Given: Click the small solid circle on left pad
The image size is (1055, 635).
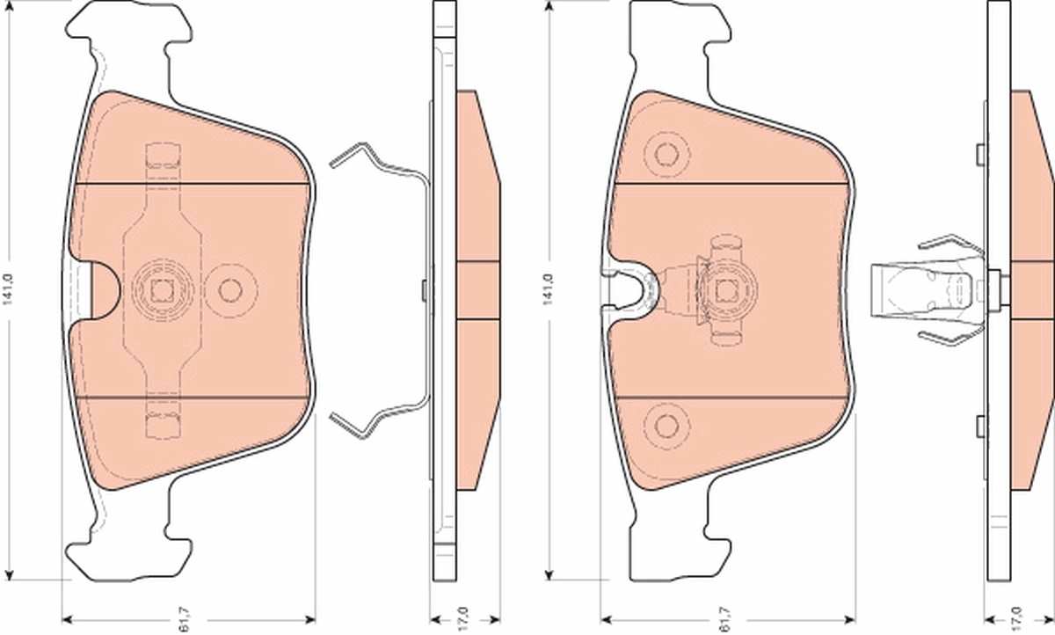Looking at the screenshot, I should (230, 289).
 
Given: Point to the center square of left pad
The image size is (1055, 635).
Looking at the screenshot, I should (161, 289).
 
